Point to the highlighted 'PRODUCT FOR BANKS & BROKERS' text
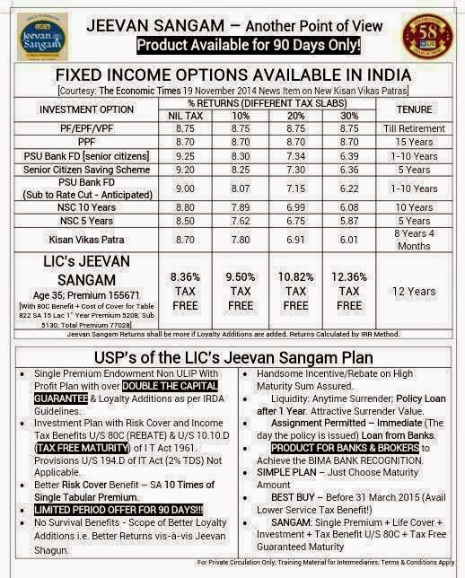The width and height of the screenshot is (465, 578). coord(340,447)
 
